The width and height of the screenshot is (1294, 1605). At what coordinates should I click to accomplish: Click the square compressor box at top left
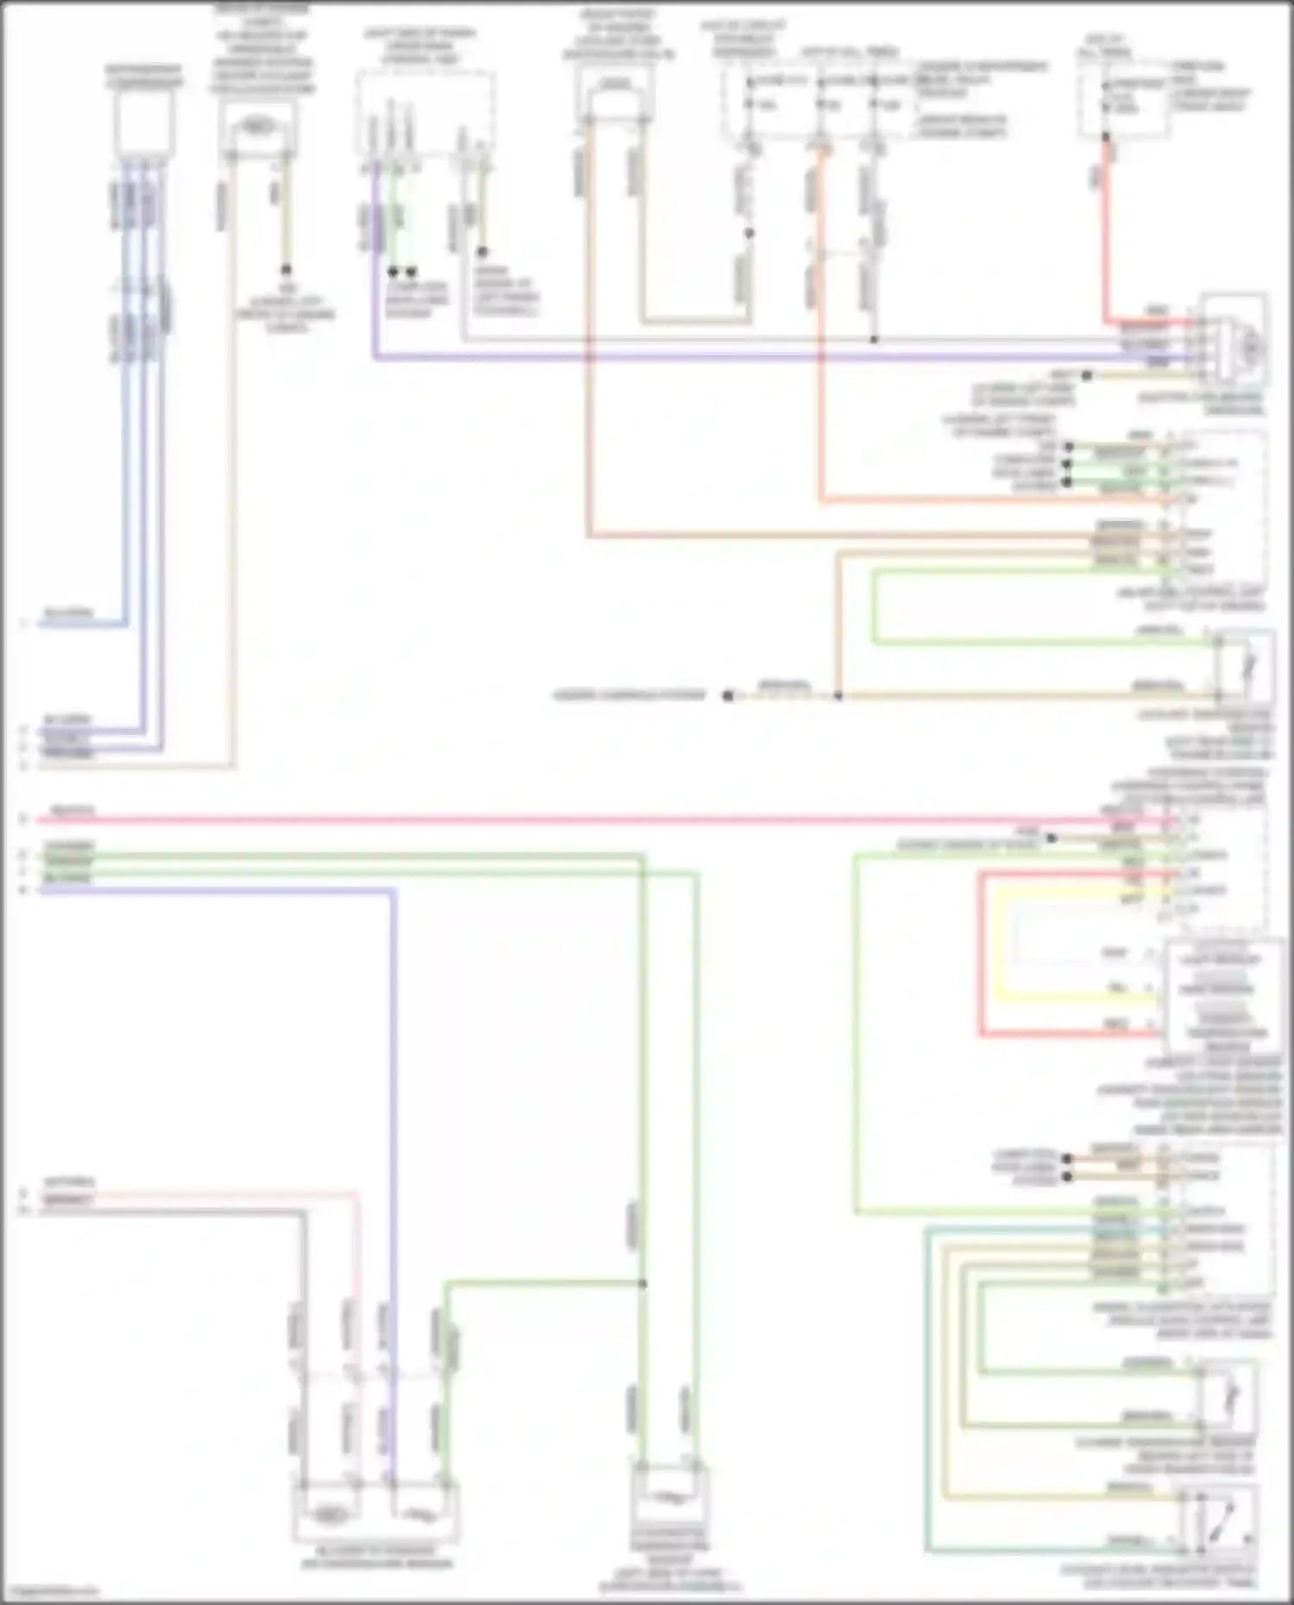(144, 123)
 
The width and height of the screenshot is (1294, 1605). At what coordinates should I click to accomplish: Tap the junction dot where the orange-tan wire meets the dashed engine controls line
(838, 695)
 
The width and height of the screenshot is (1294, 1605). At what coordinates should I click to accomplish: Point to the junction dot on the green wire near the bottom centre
(643, 1284)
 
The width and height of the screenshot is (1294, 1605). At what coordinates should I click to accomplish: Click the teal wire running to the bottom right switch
(927, 1380)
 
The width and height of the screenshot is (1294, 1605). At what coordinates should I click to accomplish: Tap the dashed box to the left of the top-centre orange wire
(426, 112)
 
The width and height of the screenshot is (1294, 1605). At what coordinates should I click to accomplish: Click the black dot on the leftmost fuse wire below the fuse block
(749, 234)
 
